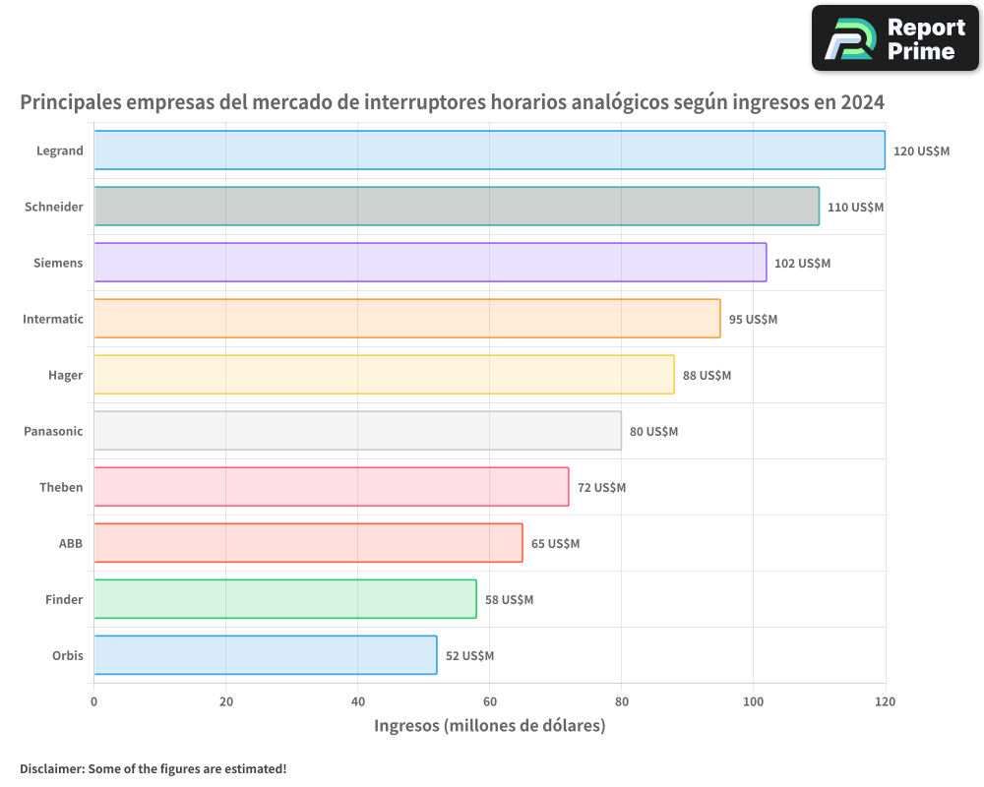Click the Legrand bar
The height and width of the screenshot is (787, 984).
click(489, 151)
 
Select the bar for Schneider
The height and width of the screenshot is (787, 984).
click(457, 207)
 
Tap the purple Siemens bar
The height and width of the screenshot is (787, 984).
click(430, 263)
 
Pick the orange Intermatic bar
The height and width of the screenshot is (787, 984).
click(407, 319)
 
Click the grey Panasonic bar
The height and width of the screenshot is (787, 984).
click(357, 431)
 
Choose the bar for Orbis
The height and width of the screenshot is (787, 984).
click(266, 655)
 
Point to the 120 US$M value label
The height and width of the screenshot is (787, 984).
click(921, 151)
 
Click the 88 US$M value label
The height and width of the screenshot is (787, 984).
click(707, 376)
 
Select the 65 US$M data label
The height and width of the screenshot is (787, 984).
click(555, 544)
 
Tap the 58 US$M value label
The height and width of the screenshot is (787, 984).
click(509, 600)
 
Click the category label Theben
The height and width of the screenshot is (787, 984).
click(61, 488)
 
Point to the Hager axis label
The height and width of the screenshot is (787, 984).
click(65, 376)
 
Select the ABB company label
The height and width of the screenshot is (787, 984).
click(71, 544)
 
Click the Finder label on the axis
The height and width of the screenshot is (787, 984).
click(64, 600)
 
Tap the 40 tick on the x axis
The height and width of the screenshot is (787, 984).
click(357, 701)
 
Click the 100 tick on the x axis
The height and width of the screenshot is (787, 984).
click(753, 701)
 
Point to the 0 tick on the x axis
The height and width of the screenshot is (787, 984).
click(93, 701)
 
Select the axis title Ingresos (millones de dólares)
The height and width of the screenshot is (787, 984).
click(489, 726)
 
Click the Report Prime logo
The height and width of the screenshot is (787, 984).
click(894, 38)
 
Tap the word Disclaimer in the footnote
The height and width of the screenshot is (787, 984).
click(50, 768)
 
